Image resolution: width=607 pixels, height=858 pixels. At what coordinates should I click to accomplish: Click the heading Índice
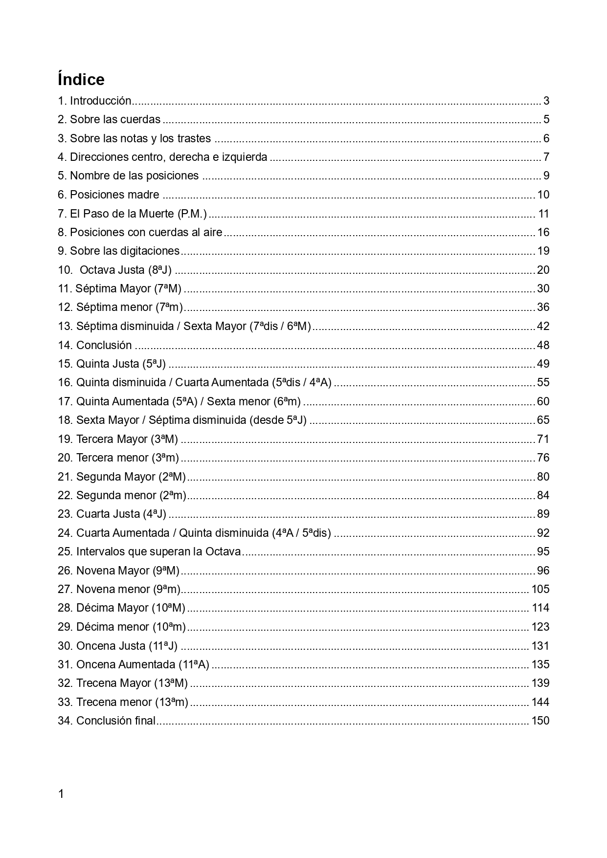81,79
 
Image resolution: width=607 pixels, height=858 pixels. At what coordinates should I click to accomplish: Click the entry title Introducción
100,101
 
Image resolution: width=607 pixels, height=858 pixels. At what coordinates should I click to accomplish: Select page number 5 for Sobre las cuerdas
546,119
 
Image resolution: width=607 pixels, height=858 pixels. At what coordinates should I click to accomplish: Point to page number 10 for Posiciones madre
543,195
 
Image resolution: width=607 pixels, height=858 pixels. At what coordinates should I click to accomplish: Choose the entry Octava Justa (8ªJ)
125,270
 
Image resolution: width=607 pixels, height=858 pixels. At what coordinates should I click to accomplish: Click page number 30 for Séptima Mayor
543,288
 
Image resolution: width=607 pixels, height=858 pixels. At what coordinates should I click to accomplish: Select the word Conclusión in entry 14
104,345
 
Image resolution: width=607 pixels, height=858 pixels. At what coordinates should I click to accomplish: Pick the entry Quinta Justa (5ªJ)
121,364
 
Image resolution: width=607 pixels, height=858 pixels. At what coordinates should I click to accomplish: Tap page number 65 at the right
543,420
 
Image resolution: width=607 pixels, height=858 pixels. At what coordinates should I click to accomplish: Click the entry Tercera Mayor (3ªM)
127,439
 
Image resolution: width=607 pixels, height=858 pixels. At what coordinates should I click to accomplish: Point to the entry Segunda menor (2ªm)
131,495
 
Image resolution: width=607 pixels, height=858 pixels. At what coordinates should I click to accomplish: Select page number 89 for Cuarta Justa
543,514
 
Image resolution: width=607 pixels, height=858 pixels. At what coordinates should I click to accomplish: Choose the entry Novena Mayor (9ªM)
128,571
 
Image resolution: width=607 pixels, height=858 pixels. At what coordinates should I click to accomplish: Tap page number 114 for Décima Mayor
540,608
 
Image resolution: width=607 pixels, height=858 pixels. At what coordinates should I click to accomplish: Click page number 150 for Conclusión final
540,721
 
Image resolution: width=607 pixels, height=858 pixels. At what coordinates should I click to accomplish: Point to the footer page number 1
61,794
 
